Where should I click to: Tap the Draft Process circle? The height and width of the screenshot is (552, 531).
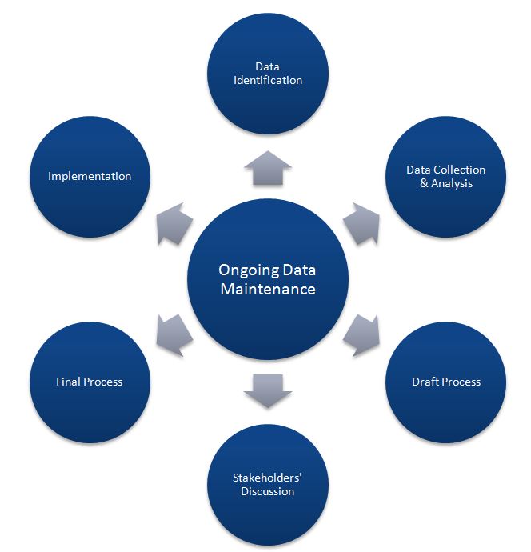(x=445, y=382)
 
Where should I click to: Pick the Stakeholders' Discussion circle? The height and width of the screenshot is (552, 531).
(x=268, y=484)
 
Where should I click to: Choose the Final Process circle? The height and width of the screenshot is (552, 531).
(x=90, y=382)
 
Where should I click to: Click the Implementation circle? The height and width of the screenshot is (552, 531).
(x=90, y=176)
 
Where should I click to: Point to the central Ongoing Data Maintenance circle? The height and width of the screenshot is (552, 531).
(x=268, y=279)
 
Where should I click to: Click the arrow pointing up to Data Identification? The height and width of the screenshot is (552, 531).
(x=268, y=169)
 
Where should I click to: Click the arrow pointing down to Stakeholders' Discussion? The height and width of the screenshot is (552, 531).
(x=268, y=390)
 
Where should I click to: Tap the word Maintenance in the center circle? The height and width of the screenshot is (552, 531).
(x=268, y=289)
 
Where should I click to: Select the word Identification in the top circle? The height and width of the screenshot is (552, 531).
(x=268, y=80)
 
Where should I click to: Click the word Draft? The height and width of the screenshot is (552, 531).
(x=425, y=382)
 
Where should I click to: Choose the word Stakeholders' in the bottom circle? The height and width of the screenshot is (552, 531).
(x=268, y=478)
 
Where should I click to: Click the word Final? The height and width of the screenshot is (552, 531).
(x=69, y=382)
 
